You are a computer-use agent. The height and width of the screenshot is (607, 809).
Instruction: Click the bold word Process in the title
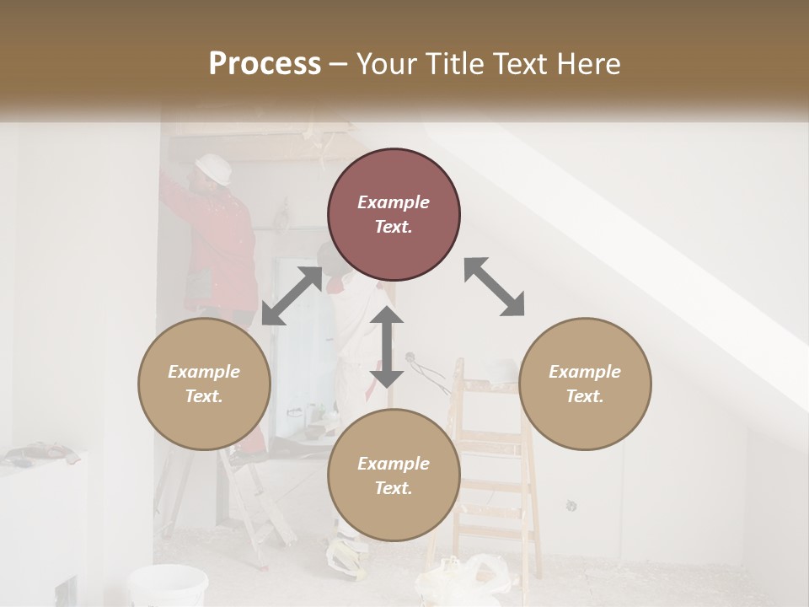tap(265, 64)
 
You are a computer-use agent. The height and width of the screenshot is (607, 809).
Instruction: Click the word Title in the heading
tap(451, 64)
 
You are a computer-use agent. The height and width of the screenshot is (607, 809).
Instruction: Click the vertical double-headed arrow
tap(387, 346)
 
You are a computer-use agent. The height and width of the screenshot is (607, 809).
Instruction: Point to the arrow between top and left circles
tap(292, 296)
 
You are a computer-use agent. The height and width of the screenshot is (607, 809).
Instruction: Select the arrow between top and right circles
tap(494, 287)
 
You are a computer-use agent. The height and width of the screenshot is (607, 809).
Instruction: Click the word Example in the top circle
tap(394, 202)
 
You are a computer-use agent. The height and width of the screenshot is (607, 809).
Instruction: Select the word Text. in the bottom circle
tap(394, 488)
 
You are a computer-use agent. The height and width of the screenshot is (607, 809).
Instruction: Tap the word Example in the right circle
tap(585, 372)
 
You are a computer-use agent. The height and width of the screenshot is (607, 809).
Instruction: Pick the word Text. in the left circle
tap(204, 396)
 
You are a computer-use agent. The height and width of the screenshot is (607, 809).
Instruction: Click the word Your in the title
tap(383, 64)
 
